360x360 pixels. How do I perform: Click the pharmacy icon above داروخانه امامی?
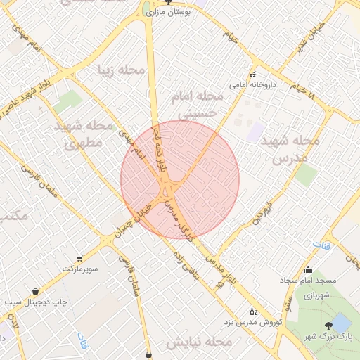click(x=252, y=75)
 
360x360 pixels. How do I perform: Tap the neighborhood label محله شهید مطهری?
click(x=84, y=135)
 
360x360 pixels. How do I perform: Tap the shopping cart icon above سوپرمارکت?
click(x=79, y=258)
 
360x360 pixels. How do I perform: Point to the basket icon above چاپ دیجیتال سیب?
click(x=35, y=292)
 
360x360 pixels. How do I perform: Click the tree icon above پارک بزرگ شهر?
click(x=328, y=325)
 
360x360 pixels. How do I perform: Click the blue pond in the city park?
click(x=342, y=323)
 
